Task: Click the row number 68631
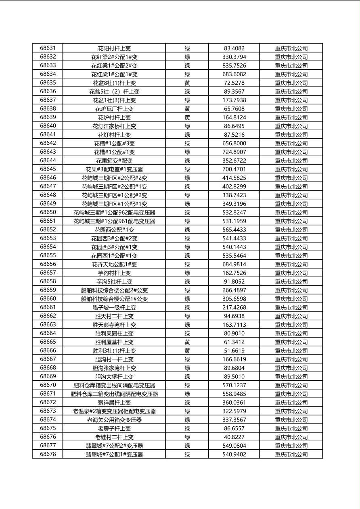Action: [48, 48]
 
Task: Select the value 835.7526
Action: [234, 65]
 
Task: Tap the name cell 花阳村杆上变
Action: [114, 48]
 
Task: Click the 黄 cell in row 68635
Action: [187, 83]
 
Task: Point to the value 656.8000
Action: [234, 143]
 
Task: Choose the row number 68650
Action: [48, 212]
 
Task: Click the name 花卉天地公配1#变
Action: [114, 264]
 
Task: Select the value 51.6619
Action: [234, 351]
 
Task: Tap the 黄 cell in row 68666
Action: [187, 351]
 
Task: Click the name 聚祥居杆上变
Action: [114, 403]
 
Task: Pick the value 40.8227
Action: [234, 437]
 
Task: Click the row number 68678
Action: [48, 454]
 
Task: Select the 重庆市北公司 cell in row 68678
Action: [291, 455]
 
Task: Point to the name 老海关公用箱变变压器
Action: [114, 420]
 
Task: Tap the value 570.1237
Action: [234, 385]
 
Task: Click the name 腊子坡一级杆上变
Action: [114, 307]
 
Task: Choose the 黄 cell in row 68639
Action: [187, 117]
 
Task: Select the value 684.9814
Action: [234, 264]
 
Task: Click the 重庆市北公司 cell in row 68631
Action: [291, 48]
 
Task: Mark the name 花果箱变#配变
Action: [114, 161]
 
